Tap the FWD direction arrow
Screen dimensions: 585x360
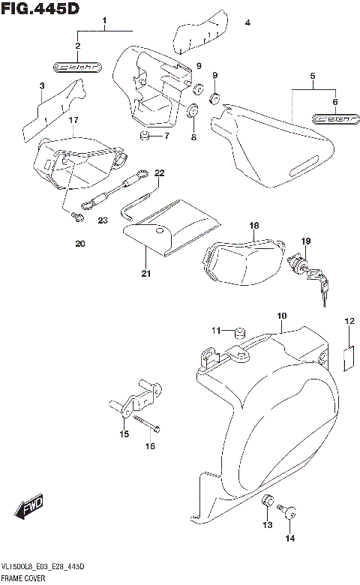click(x=31, y=509)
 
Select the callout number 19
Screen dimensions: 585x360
click(x=305, y=241)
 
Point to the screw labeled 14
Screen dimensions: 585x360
click(x=290, y=512)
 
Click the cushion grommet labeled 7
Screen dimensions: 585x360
click(x=144, y=135)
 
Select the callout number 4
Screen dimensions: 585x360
click(x=247, y=24)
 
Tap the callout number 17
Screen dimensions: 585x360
click(x=73, y=120)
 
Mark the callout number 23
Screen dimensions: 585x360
click(x=103, y=220)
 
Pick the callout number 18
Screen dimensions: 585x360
click(x=253, y=226)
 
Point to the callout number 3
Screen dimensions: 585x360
click(x=41, y=87)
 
